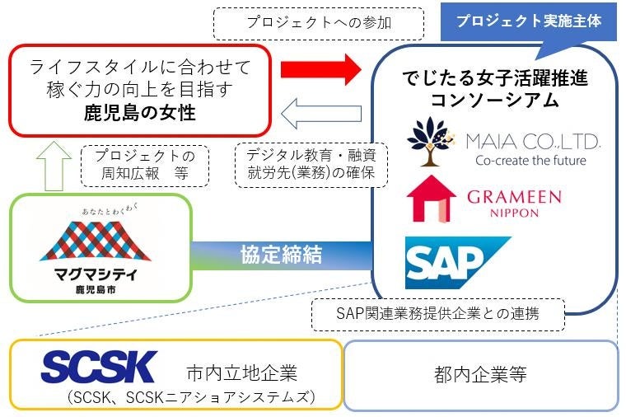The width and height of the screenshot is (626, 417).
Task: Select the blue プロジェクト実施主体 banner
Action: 529,21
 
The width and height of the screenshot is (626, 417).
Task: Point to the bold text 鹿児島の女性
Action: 140,111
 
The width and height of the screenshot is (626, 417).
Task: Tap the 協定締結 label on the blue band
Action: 280,254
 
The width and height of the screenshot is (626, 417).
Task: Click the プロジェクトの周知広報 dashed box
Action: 144,165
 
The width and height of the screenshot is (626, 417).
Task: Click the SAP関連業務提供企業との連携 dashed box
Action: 438,313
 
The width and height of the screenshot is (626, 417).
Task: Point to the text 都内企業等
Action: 480,375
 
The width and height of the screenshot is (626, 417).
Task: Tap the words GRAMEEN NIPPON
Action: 513,204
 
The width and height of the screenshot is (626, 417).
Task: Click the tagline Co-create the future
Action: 530,160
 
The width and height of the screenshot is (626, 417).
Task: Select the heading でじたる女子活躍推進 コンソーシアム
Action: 494,90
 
